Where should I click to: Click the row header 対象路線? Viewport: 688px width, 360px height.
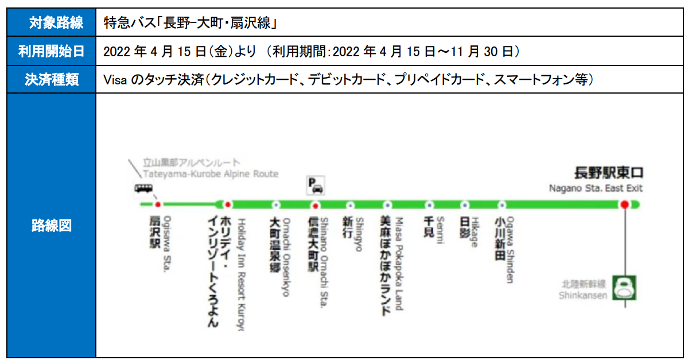[x=52, y=23]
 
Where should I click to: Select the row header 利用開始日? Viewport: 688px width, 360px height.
[x=52, y=52]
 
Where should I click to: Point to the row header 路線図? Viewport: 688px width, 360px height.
[x=52, y=225]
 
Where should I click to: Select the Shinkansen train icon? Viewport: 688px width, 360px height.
[x=624, y=287]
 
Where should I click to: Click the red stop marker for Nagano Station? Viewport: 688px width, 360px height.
[x=624, y=204]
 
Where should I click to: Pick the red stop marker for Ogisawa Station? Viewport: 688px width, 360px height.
[x=158, y=204]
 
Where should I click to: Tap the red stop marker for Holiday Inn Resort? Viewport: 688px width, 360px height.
[x=228, y=204]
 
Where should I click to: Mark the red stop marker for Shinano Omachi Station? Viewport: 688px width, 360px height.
[x=315, y=204]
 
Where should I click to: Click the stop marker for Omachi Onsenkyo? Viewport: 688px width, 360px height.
[x=276, y=204]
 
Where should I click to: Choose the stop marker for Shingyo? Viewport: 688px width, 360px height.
[x=350, y=204]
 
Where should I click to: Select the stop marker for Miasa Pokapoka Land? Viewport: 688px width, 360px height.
[x=387, y=204]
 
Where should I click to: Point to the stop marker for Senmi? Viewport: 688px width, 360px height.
[x=429, y=204]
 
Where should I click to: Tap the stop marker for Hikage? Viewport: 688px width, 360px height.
[x=465, y=204]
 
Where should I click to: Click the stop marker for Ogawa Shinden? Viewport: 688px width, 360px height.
[x=502, y=204]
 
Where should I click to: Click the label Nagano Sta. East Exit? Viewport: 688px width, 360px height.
[x=596, y=188]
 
